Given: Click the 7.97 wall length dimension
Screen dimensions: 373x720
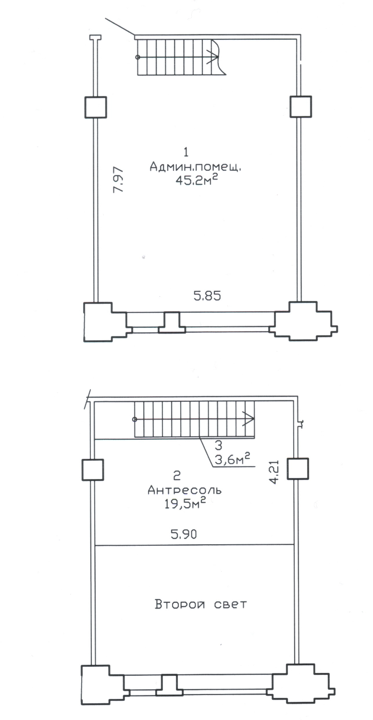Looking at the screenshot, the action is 118,180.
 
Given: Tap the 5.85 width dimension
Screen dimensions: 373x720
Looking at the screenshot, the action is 207,296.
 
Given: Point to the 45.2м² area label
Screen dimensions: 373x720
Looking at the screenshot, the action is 197,180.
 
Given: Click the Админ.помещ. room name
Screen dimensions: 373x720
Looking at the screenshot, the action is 195,167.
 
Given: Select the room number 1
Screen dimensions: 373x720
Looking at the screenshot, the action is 186,152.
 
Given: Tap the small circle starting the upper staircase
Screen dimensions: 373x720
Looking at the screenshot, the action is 138,58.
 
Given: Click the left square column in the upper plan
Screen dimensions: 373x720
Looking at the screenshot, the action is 96,108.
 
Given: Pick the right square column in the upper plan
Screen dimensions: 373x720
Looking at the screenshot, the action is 300,107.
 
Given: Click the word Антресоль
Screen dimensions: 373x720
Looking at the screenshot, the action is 185,490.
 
